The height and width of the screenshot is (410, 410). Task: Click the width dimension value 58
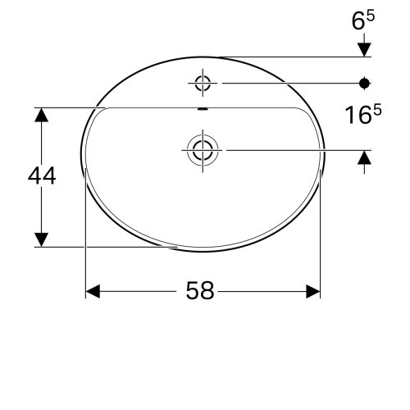tap(201, 291)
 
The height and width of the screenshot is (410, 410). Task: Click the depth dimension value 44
tap(41, 175)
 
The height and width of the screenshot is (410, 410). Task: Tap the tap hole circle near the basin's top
tap(203, 83)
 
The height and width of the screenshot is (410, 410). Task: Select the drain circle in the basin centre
tap(202, 149)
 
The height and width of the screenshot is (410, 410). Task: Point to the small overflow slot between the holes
tap(203, 108)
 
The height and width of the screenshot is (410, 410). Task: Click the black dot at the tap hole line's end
tap(366, 83)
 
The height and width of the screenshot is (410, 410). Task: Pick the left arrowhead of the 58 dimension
tap(93, 291)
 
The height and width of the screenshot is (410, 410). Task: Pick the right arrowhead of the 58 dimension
tap(312, 291)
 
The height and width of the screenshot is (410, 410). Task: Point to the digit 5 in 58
tap(194, 291)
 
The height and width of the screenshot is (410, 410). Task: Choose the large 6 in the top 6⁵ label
tap(362, 22)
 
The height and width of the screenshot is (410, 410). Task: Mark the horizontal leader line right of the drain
tap(287, 149)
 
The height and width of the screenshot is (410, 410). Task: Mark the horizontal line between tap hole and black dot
tap(287, 83)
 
